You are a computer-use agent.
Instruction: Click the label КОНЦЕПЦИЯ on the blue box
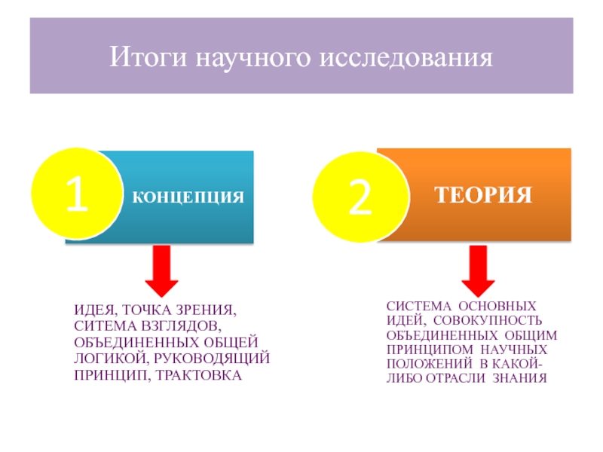tap(188, 197)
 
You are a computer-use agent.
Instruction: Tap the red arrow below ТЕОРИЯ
tap(477, 270)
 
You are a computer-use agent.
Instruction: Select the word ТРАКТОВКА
tap(198, 374)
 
